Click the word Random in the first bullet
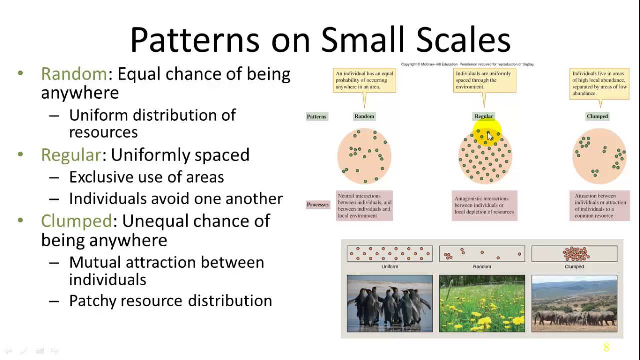tap(74, 74)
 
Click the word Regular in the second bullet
tap(71, 155)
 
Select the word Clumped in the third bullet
tap(76, 221)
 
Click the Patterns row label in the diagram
tap(316, 117)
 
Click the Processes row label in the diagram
tap(318, 205)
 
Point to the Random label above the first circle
tap(364, 116)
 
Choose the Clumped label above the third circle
tap(597, 116)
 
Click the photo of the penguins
tap(390, 303)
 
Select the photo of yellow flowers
tap(482, 303)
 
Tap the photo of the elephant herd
tap(574, 303)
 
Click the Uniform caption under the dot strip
tap(390, 267)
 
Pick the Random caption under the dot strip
tap(482, 267)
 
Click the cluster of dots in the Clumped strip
tap(575, 254)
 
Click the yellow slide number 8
tap(606, 347)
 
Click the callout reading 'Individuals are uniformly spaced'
tap(484, 80)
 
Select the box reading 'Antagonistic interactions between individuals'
tap(484, 205)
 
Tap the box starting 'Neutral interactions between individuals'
tap(364, 206)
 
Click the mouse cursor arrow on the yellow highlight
tap(490, 136)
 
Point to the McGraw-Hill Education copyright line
tap(467, 64)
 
